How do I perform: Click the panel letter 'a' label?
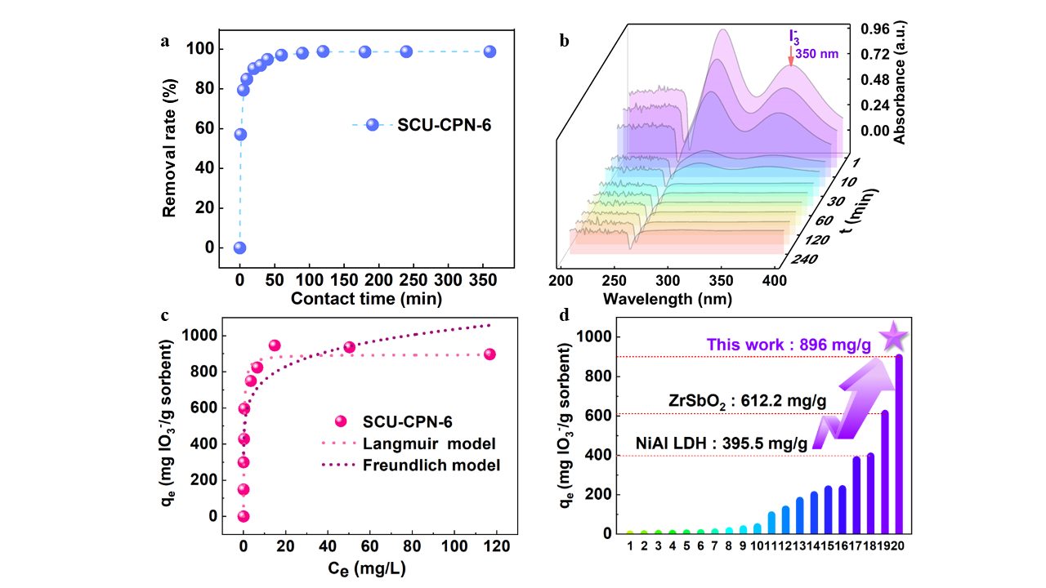pos(166,43)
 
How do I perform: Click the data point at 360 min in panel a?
pos(489,51)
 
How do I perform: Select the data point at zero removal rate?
pos(239,247)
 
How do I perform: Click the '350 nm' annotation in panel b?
pos(818,54)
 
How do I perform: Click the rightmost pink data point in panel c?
pos(489,354)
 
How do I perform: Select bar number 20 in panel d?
pos(899,445)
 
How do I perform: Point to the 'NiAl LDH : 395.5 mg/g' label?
pos(722,444)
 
